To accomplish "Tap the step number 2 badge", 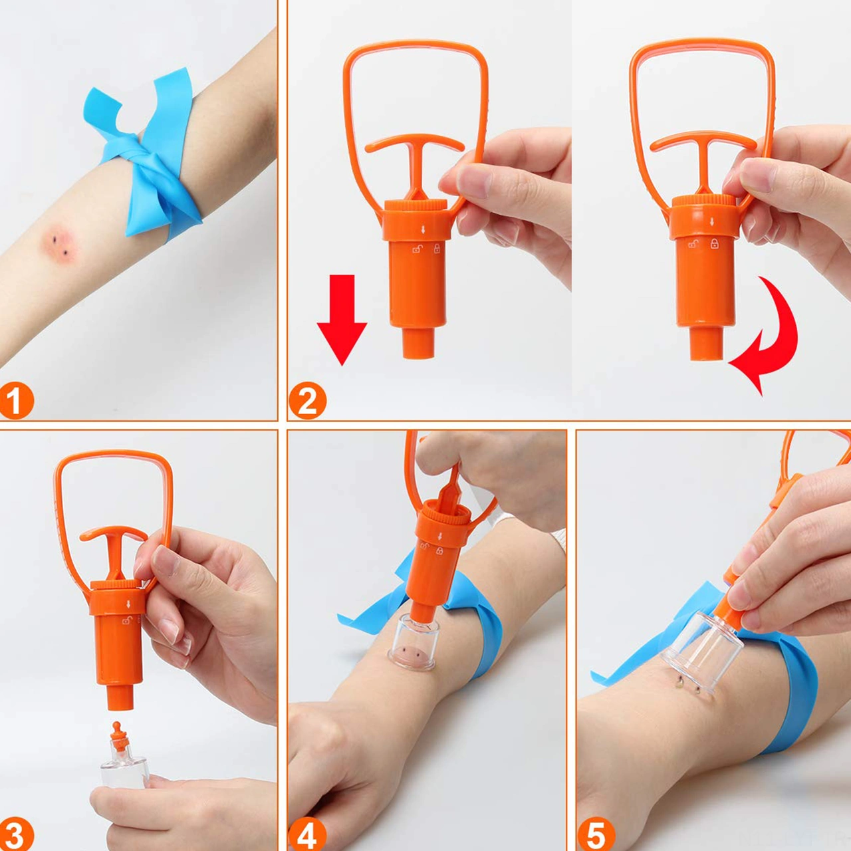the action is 307,400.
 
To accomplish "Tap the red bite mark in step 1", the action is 59,243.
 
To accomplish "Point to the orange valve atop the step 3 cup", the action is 118,737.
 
